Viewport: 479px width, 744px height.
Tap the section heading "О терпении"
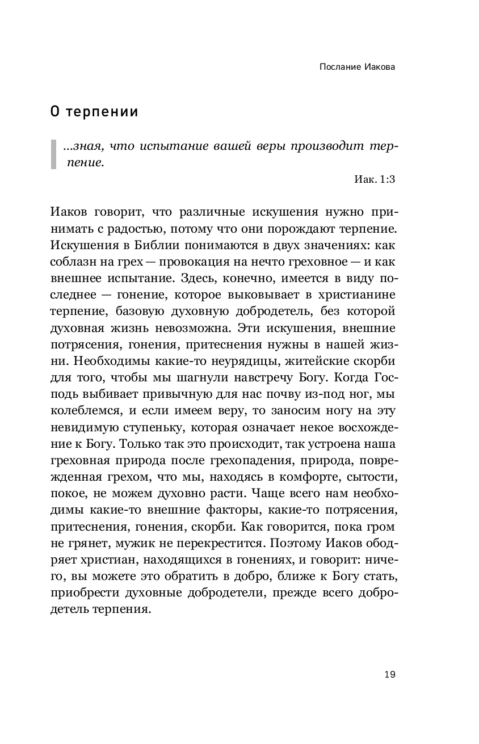click(x=94, y=111)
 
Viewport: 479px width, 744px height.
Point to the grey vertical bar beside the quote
click(x=53, y=154)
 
